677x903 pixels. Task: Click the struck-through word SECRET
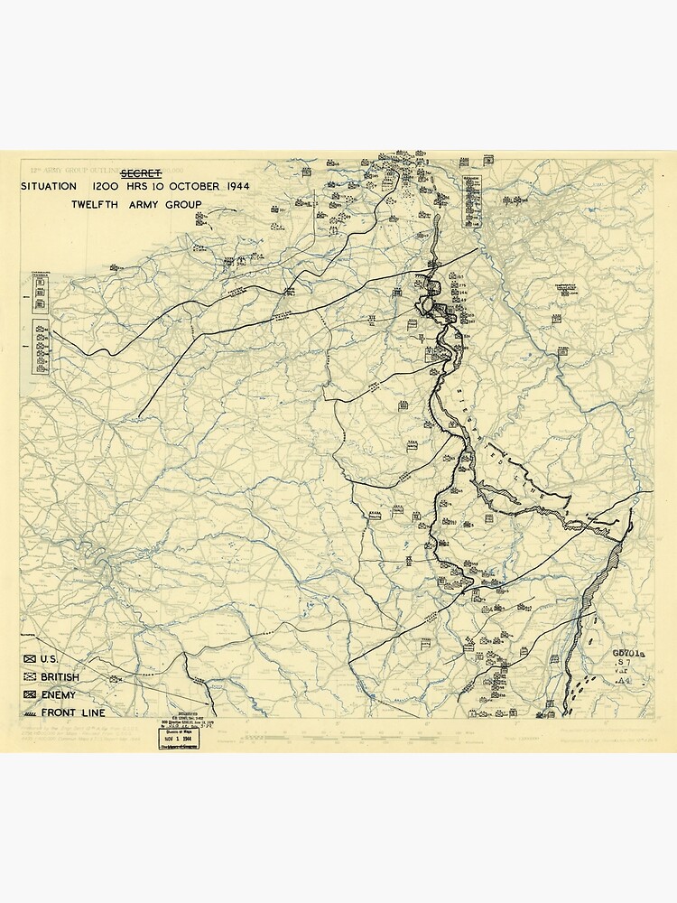pyautogui.click(x=142, y=172)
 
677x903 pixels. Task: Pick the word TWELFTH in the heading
pyautogui.click(x=98, y=204)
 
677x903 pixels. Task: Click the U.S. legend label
pyautogui.click(x=50, y=659)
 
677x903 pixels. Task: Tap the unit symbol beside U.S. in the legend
pyautogui.click(x=30, y=659)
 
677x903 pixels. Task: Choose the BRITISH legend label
pyautogui.click(x=60, y=677)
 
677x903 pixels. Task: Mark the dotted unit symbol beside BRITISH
pyautogui.click(x=30, y=677)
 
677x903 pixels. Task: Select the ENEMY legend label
pyautogui.click(x=57, y=695)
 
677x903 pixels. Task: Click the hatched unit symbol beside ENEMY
pyautogui.click(x=30, y=695)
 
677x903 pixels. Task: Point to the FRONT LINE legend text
pyautogui.click(x=72, y=713)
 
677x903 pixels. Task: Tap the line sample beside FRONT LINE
pyautogui.click(x=30, y=713)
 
